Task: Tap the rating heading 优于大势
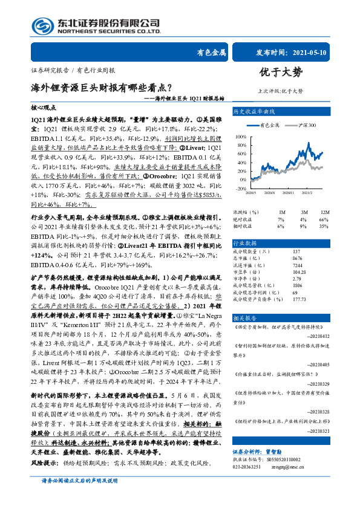pos(280,74)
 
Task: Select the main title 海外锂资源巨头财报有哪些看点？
pos(93,87)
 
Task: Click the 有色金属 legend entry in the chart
pos(270,125)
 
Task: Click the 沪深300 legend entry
pos(308,125)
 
